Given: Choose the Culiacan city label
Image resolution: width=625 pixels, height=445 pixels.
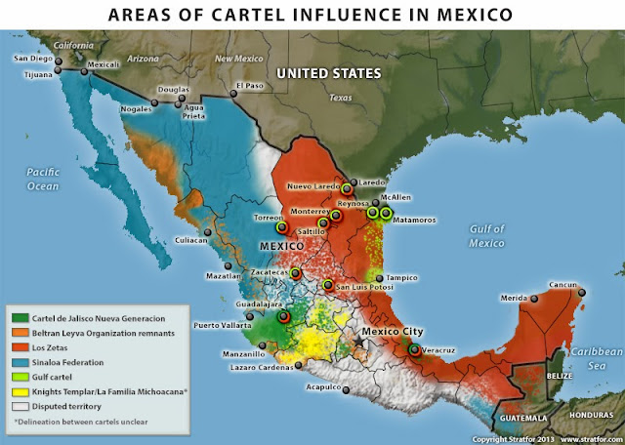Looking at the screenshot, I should pos(190,238).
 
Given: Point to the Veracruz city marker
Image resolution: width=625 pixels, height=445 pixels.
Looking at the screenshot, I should pos(416,350).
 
